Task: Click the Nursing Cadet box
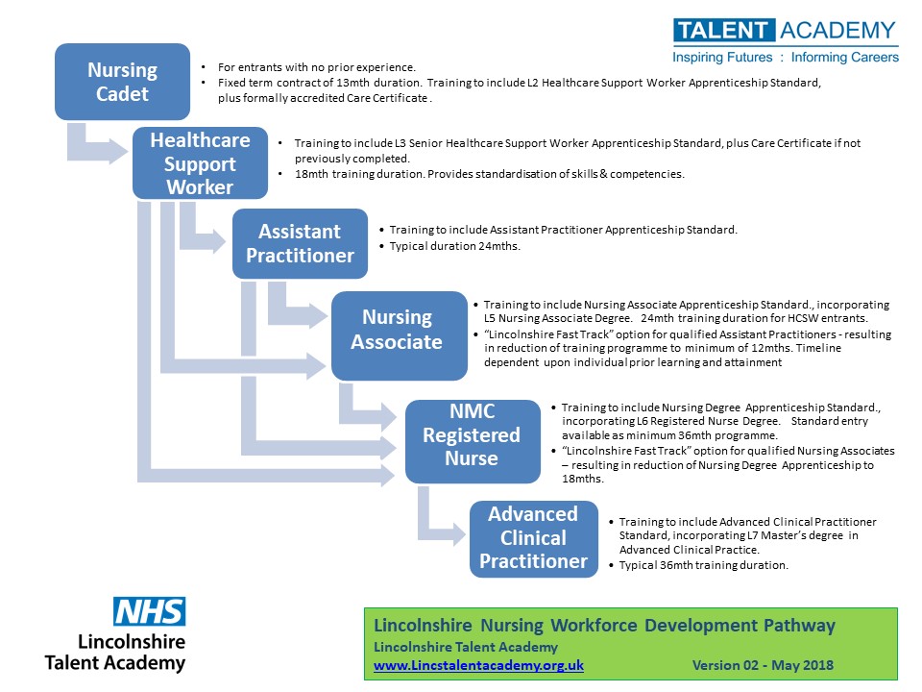pyautogui.click(x=122, y=82)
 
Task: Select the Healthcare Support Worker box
pyautogui.click(x=200, y=163)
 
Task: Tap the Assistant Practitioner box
pyautogui.click(x=300, y=243)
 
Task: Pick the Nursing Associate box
pyautogui.click(x=400, y=335)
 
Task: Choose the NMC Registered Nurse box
pyautogui.click(x=473, y=441)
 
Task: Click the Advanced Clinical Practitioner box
pyautogui.click(x=534, y=538)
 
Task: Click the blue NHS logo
pyautogui.click(x=150, y=612)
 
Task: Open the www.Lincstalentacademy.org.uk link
pyautogui.click(x=478, y=665)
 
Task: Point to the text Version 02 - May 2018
pyautogui.click(x=763, y=665)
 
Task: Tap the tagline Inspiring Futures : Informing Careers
pyautogui.click(x=786, y=57)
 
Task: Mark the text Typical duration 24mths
pyautogui.click(x=454, y=246)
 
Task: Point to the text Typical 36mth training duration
pyautogui.click(x=703, y=565)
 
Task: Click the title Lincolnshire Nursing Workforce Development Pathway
pyautogui.click(x=604, y=625)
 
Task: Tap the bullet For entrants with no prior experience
pyautogui.click(x=316, y=67)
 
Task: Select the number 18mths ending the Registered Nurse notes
pyautogui.click(x=583, y=479)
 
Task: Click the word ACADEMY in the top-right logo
pyautogui.click(x=837, y=30)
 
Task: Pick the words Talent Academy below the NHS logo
pyautogui.click(x=115, y=663)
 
